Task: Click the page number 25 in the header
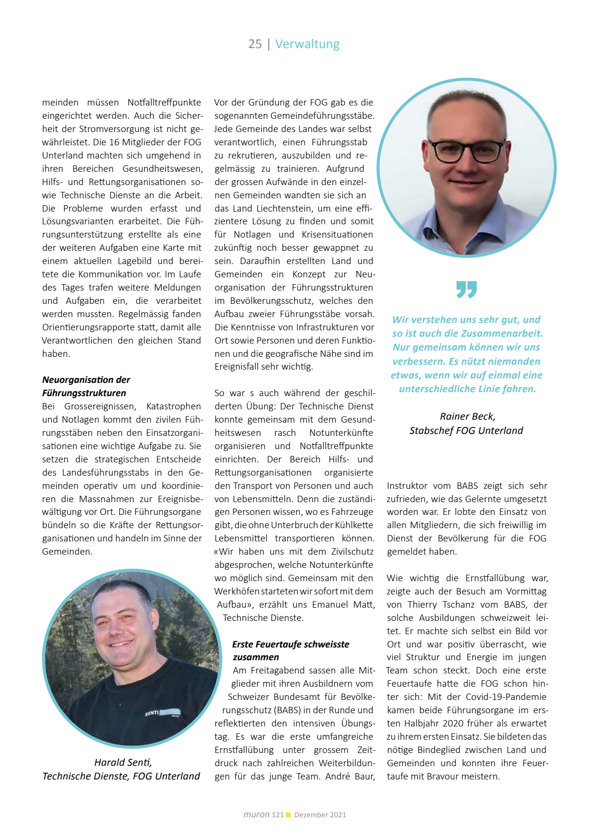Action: (x=255, y=44)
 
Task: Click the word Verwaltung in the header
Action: (x=307, y=44)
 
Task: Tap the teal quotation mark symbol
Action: (x=466, y=290)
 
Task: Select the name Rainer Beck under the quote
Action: (x=467, y=417)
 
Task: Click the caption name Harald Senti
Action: (x=123, y=762)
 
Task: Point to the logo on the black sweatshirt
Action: (x=162, y=712)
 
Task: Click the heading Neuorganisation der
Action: (x=86, y=380)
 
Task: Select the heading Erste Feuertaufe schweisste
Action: (x=291, y=645)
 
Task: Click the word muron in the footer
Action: (x=256, y=815)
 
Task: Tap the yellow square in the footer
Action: (x=289, y=815)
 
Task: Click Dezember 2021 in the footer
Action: (x=320, y=815)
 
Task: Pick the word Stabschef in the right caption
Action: (x=431, y=431)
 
